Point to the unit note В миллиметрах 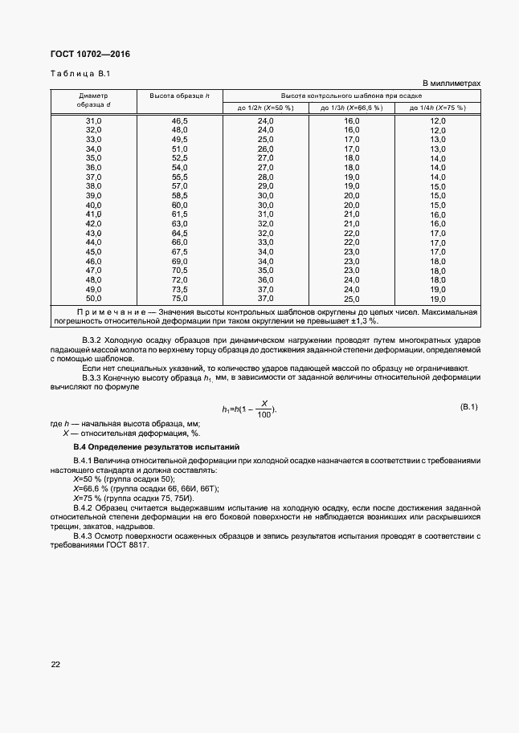(x=451, y=83)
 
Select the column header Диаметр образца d (x=93, y=100)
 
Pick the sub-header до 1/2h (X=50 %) (x=265, y=107)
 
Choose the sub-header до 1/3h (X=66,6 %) (x=351, y=107)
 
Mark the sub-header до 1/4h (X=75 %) (x=437, y=107)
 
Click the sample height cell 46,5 (x=179, y=120)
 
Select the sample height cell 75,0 (x=179, y=299)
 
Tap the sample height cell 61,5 (x=179, y=214)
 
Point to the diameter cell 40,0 (x=93, y=205)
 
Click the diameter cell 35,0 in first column (x=93, y=158)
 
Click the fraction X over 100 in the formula (x=264, y=409)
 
